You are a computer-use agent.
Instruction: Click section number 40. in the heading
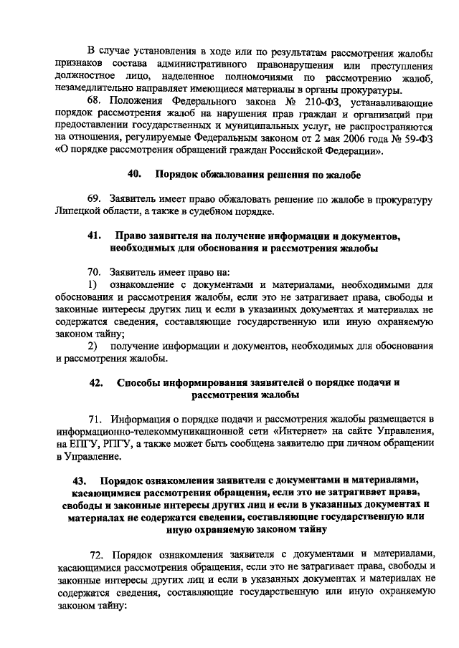tap(134, 174)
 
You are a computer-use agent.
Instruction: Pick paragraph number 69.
tap(96, 198)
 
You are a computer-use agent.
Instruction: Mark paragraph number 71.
tap(98, 418)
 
